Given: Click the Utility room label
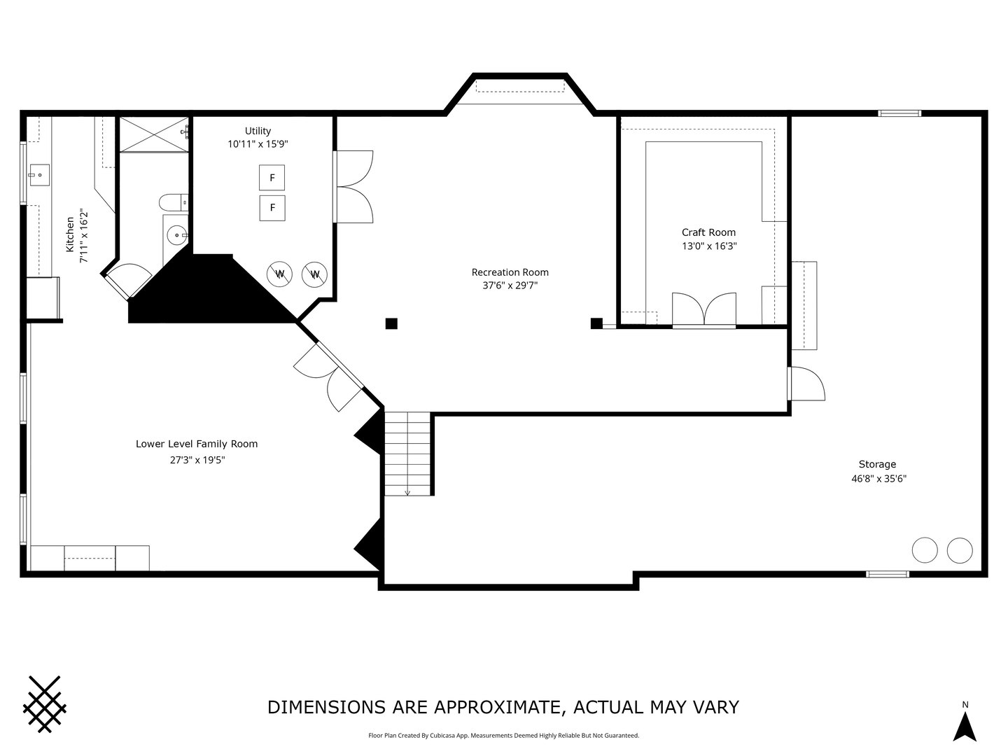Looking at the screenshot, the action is point(258,131).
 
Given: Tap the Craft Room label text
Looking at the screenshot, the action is point(708,232).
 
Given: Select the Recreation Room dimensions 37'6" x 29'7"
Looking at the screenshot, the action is point(510,286).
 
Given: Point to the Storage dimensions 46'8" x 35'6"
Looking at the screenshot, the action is point(878,479).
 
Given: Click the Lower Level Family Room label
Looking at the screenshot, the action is point(197,444).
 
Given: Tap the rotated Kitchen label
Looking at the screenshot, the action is point(70,234).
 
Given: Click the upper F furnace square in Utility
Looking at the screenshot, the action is point(272,178).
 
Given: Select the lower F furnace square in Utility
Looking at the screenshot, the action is point(272,208).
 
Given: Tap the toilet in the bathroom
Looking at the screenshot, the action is point(174,202).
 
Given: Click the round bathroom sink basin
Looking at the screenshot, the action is point(176,235).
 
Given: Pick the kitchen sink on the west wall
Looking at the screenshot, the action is point(39,175).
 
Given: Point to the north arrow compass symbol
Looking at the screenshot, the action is point(965,727).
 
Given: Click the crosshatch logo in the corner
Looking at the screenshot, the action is point(45,703).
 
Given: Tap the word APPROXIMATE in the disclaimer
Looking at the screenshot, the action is point(498,707).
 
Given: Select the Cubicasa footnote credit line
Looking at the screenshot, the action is point(504,735).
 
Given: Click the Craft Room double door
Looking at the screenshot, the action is point(704,310).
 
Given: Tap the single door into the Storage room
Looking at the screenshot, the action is point(806,384).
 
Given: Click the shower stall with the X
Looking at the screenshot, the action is point(154,134).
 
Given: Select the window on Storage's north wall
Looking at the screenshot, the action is point(899,113).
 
